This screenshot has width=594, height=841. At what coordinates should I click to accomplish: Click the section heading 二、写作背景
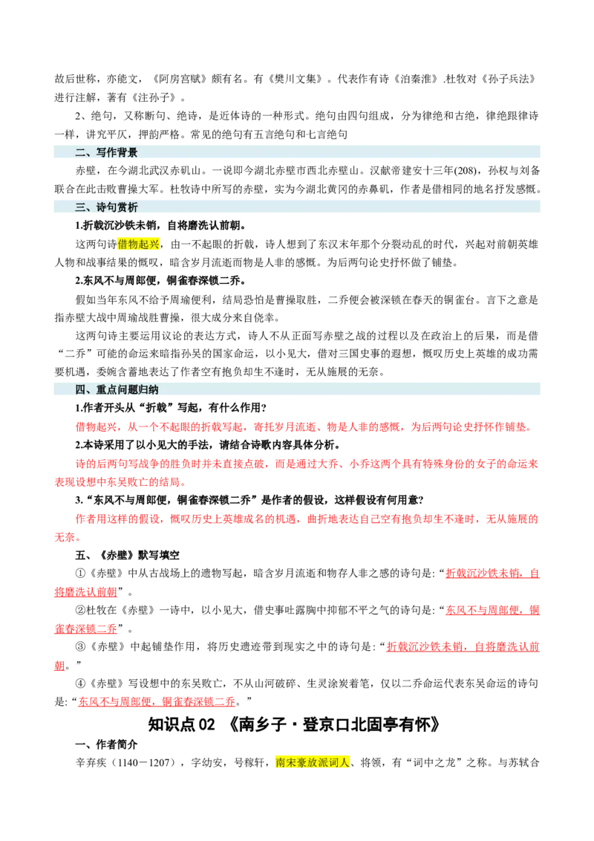pyautogui.click(x=106, y=152)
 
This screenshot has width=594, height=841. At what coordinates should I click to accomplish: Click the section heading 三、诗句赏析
pyautogui.click(x=106, y=207)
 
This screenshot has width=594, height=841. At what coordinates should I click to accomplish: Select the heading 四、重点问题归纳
pyautogui.click(x=117, y=389)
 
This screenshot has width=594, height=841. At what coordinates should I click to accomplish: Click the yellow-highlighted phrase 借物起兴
pyautogui.click(x=138, y=244)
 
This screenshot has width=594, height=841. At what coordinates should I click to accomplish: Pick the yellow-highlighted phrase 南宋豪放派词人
pyautogui.click(x=313, y=762)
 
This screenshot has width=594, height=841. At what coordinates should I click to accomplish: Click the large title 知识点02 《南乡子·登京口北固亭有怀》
pyautogui.click(x=294, y=724)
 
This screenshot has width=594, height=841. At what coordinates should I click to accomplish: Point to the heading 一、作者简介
pyautogui.click(x=106, y=744)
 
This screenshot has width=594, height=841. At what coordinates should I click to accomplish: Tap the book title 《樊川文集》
pyautogui.click(x=296, y=79)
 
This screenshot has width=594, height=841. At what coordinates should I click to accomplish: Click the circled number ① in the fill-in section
pyautogui.click(x=80, y=574)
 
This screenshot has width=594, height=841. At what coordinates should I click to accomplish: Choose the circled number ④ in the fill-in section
pyautogui.click(x=80, y=683)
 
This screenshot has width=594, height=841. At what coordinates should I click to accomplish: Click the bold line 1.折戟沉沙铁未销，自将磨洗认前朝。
pyautogui.click(x=161, y=225)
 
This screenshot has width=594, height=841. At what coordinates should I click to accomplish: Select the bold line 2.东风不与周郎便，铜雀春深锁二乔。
pyautogui.click(x=161, y=281)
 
